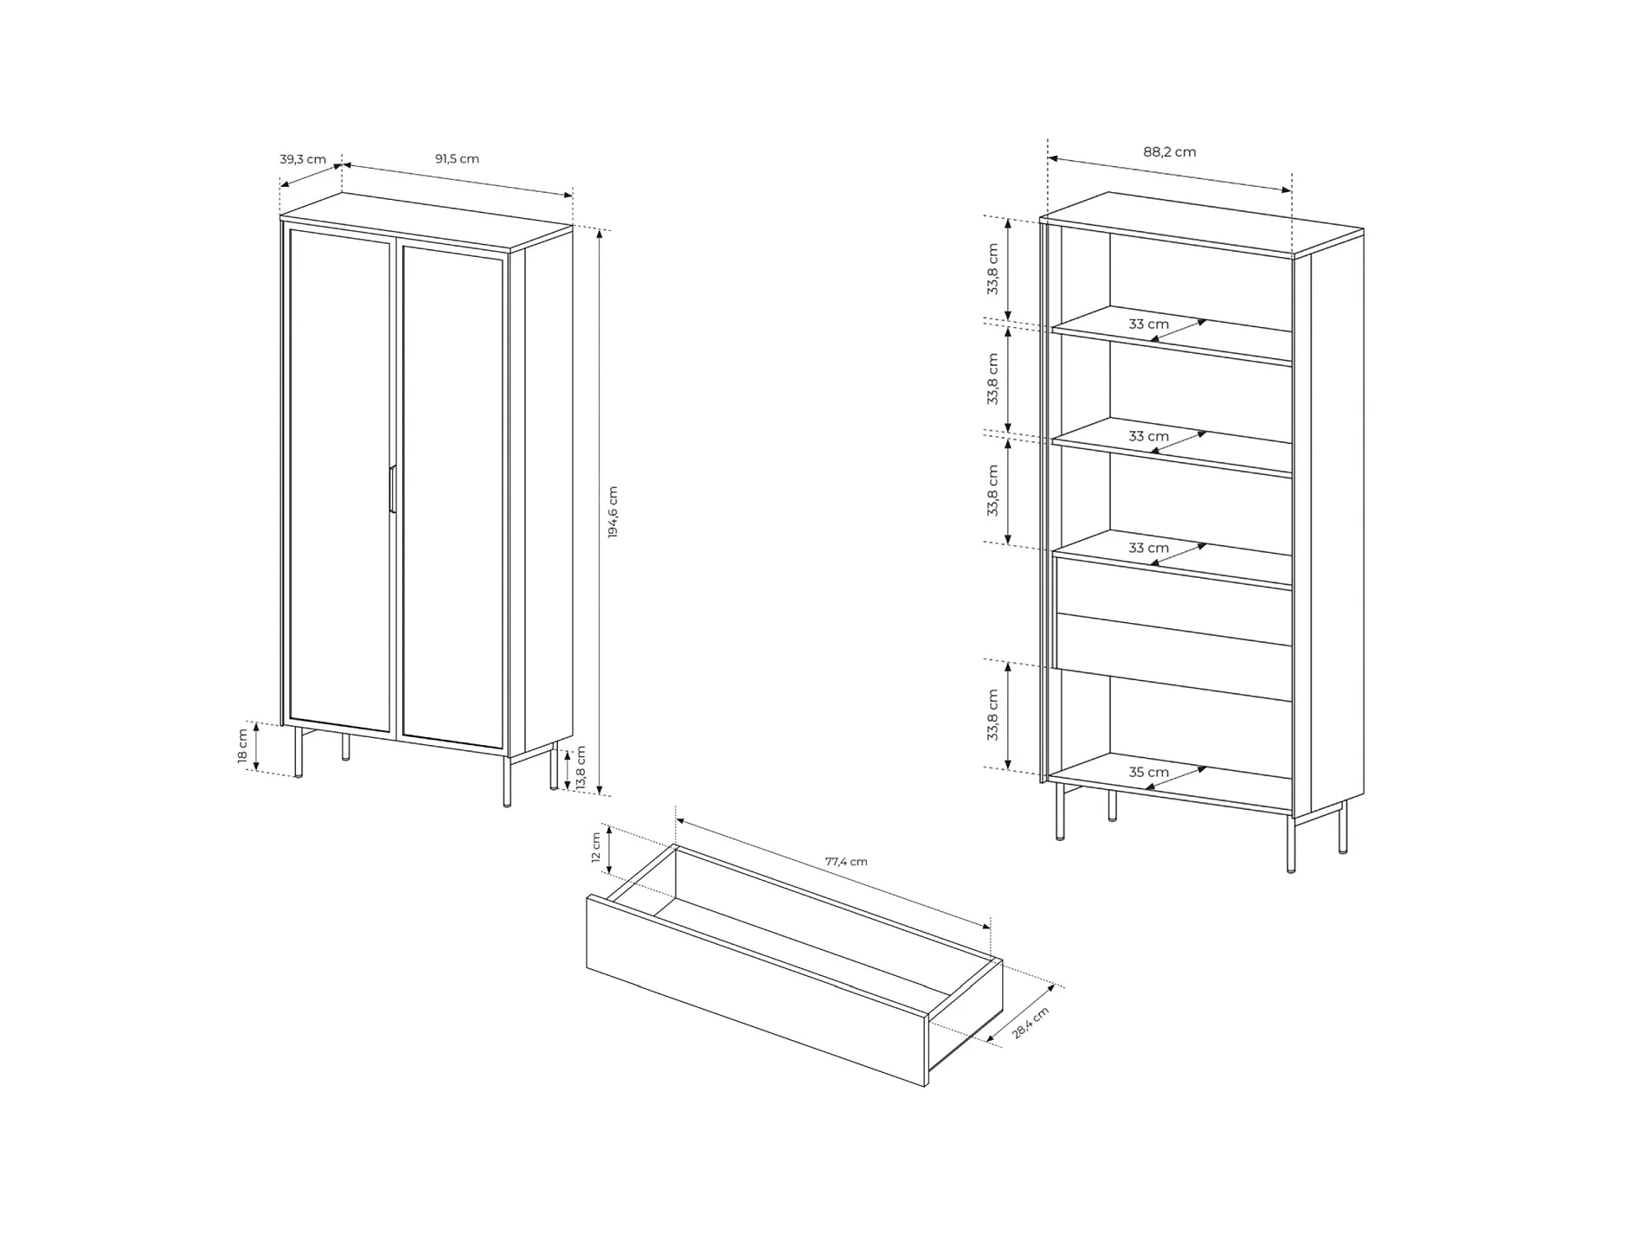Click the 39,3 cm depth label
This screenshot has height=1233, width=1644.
[303, 159]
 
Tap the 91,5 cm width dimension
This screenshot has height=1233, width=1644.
[457, 158]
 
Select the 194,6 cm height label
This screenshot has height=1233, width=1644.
[613, 512]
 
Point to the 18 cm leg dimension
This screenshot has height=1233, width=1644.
[243, 746]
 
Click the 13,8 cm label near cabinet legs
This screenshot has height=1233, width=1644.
[581, 767]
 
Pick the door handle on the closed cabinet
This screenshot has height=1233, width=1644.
[392, 490]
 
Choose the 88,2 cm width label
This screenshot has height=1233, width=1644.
[1170, 151]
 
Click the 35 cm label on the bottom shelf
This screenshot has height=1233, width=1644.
[1149, 772]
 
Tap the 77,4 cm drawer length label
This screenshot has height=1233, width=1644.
[846, 862]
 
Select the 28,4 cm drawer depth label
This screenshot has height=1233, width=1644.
[1031, 1023]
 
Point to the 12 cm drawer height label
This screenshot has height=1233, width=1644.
[595, 847]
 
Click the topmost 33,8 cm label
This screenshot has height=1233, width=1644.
[992, 269]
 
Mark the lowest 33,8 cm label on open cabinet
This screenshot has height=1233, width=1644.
[992, 715]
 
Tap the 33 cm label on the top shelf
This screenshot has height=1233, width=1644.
[1148, 324]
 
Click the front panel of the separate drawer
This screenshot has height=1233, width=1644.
[757, 992]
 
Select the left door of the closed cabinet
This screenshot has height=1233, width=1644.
[339, 480]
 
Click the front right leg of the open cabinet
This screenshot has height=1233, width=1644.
[1291, 844]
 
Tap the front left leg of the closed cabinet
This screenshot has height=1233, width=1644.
[299, 752]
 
